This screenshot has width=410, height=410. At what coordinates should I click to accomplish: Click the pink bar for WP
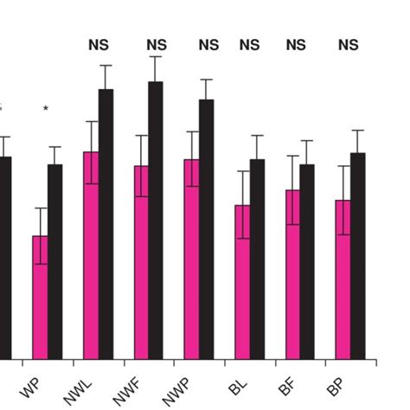point(40,298)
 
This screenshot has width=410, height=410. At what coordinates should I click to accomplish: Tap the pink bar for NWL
point(91,255)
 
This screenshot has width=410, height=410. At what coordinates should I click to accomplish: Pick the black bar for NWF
point(156,221)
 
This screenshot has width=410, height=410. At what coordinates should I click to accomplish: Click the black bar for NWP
point(206,229)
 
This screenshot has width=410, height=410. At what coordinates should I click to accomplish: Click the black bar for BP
point(358,256)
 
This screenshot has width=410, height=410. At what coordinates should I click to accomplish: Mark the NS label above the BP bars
point(348,45)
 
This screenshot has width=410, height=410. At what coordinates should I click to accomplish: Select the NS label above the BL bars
point(249,45)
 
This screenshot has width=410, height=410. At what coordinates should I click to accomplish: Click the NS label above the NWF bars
point(156,45)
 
